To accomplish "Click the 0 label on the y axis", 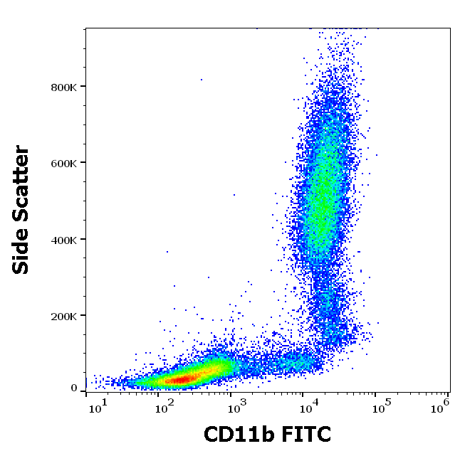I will (74, 388).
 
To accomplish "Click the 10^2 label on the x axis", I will (166, 405).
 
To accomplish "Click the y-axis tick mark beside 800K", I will (83, 87).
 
